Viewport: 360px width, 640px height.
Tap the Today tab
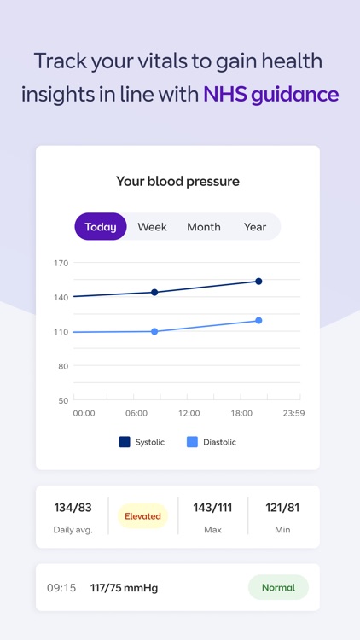coord(101,227)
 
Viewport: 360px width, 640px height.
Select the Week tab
coord(152,227)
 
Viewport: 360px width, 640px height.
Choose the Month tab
coord(204,227)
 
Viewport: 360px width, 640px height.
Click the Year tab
coord(254,227)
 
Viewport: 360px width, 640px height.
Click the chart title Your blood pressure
coord(177,181)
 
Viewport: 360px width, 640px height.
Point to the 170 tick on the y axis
coord(61,263)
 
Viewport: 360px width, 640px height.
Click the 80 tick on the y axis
coord(63,366)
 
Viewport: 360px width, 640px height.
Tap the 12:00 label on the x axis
coord(189,413)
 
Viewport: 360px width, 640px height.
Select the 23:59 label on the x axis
coord(293,413)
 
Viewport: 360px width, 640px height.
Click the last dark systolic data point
coord(258,281)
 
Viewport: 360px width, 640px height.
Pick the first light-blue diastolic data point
coord(154,331)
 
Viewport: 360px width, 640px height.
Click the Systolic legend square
coord(125,442)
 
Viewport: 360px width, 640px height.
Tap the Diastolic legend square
coord(192,442)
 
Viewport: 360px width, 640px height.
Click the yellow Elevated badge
coord(142,516)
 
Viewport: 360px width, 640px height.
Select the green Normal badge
coord(278,587)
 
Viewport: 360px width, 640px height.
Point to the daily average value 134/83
coord(73,508)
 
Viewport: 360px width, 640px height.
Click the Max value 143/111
coord(212,508)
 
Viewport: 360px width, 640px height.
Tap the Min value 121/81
coord(282,508)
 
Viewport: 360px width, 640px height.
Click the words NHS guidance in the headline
coord(270,94)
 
